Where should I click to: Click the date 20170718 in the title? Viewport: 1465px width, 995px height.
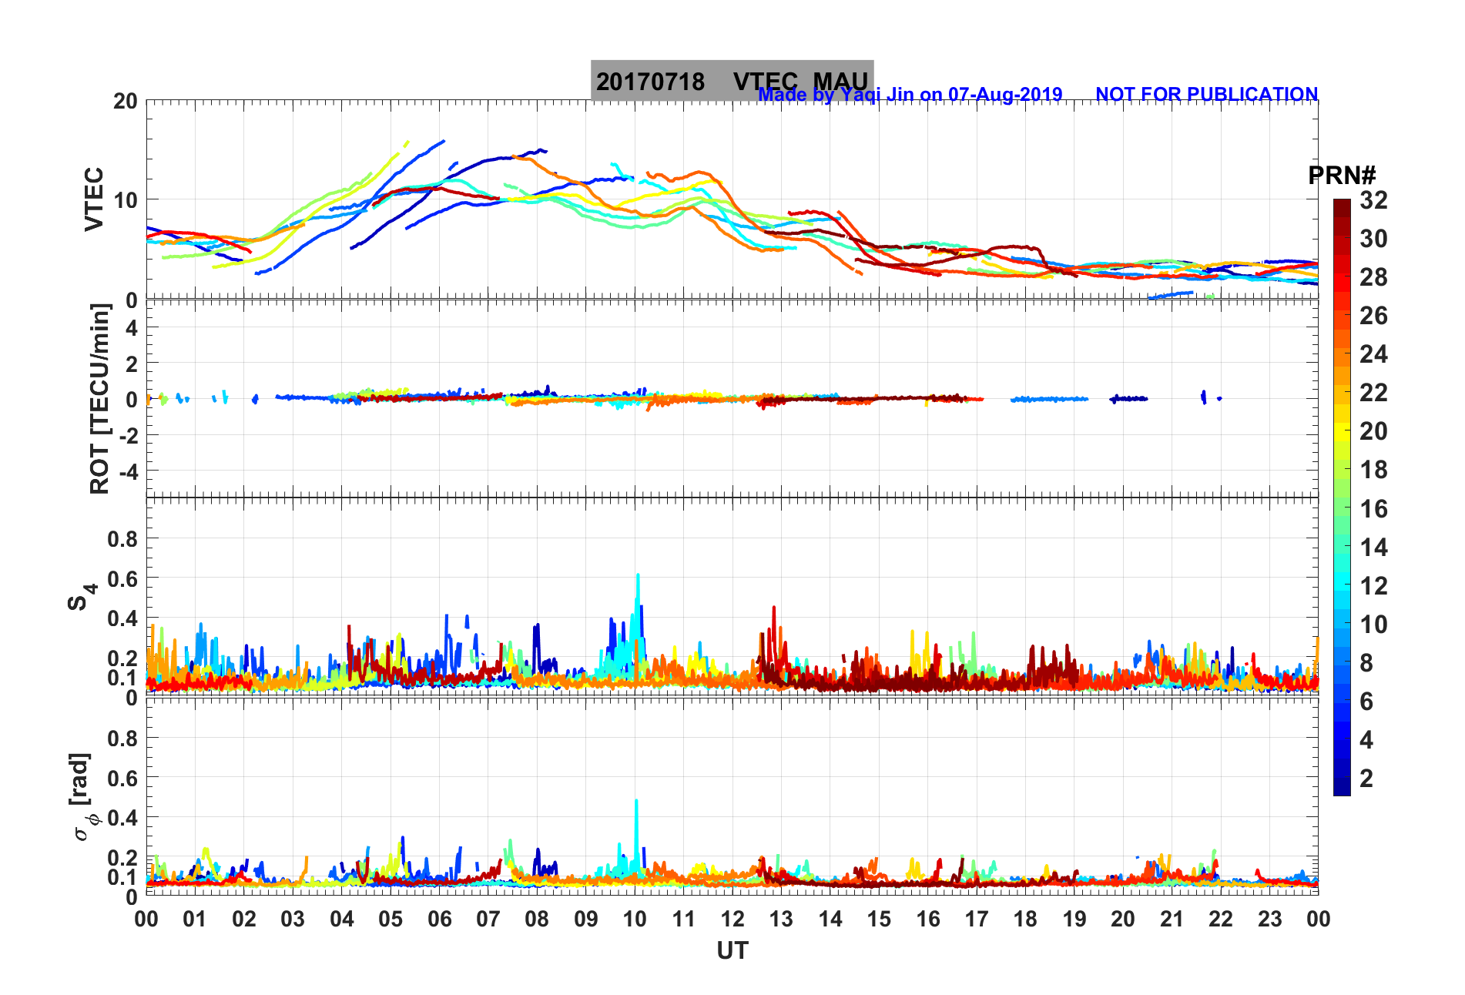click(x=650, y=82)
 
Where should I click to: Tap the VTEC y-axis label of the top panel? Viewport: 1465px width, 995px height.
click(x=94, y=199)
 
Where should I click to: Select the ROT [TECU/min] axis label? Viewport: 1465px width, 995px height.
click(x=100, y=398)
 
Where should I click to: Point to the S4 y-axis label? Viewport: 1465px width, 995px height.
click(x=82, y=596)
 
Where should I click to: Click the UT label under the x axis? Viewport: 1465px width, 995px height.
click(x=732, y=951)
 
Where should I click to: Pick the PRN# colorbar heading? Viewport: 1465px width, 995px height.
click(x=1342, y=176)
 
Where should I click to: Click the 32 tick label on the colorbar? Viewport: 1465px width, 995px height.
click(x=1373, y=200)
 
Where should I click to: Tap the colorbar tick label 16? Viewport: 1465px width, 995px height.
click(x=1373, y=508)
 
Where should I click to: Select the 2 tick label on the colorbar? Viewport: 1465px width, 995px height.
click(x=1366, y=778)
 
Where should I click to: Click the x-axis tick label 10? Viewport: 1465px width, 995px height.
click(x=635, y=919)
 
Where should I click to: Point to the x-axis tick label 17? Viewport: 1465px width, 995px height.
click(x=977, y=919)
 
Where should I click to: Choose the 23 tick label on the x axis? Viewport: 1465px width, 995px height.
click(x=1269, y=919)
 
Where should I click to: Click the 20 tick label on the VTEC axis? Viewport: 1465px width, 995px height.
click(x=126, y=101)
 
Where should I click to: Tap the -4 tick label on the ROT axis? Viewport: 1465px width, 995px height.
click(x=127, y=471)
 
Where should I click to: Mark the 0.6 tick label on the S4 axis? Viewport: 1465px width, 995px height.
click(x=122, y=578)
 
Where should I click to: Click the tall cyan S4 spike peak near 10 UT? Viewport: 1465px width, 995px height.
click(x=638, y=575)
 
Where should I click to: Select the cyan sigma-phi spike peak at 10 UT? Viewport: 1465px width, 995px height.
click(x=636, y=800)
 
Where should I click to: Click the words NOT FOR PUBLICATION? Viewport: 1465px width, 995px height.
click(x=1206, y=94)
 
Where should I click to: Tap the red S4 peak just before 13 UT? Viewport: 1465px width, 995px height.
click(x=774, y=608)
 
